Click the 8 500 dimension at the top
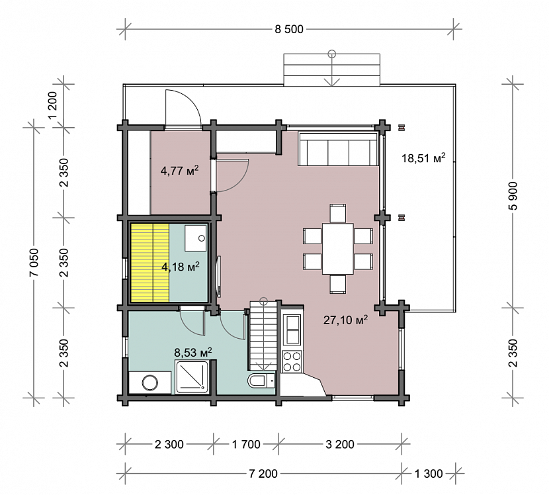pyautogui.click(x=289, y=29)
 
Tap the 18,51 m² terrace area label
pyautogui.click(x=423, y=158)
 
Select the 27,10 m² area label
pyautogui.click(x=345, y=320)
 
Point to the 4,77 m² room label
pyautogui.click(x=180, y=171)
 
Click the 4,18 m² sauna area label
pyautogui.click(x=181, y=267)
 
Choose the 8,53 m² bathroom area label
pyautogui.click(x=193, y=352)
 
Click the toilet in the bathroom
pyautogui.click(x=261, y=381)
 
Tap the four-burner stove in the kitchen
pyautogui.click(x=292, y=361)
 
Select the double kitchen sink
pyautogui.click(x=292, y=330)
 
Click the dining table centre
pyautogui.click(x=338, y=248)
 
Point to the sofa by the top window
pyautogui.click(x=338, y=148)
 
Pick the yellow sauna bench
pyautogui.click(x=150, y=263)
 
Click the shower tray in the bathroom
pyautogui.click(x=192, y=377)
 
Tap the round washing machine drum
pyautogui.click(x=150, y=383)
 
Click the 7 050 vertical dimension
pyautogui.click(x=34, y=262)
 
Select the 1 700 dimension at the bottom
pyautogui.click(x=246, y=444)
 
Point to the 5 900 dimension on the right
pyautogui.click(x=513, y=196)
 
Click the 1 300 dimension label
pyautogui.click(x=429, y=474)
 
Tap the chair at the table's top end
pyautogui.click(x=338, y=213)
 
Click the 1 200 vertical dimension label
pyautogui.click(x=52, y=105)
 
